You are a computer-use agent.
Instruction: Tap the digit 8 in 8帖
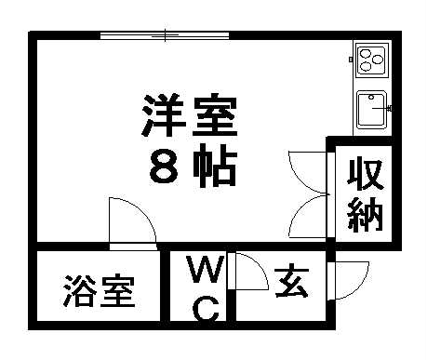164,167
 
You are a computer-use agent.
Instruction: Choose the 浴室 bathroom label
100,292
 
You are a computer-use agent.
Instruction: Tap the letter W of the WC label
205,273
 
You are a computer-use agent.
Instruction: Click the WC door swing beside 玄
247,272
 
